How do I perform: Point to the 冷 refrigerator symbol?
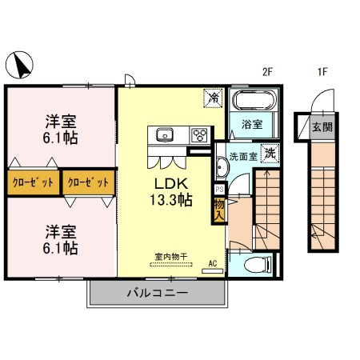point(214,98)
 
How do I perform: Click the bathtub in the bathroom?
point(254,101)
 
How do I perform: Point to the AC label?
point(212,262)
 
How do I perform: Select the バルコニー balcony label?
point(157,294)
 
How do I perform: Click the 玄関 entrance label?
point(321,126)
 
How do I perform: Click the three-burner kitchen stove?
point(198,134)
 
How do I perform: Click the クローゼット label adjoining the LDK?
point(88,182)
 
